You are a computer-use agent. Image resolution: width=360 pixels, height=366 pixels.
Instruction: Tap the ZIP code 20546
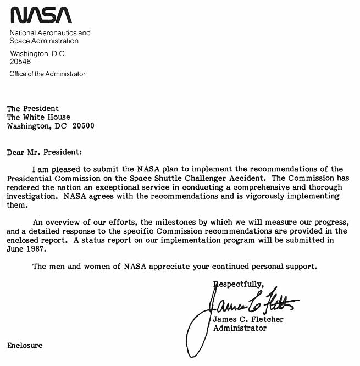21,62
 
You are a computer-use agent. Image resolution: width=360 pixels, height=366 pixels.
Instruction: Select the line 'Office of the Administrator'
47,74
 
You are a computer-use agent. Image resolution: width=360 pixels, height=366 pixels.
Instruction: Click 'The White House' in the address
38,117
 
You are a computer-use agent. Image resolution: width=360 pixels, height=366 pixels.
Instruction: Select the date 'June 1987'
26,248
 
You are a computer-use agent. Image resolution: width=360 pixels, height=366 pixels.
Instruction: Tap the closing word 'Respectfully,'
239,284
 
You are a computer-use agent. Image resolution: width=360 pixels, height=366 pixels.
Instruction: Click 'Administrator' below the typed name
240,328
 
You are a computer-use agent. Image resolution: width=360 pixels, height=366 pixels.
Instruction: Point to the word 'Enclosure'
25,346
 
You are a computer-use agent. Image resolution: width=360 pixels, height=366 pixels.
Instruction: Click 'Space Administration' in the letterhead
44,41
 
